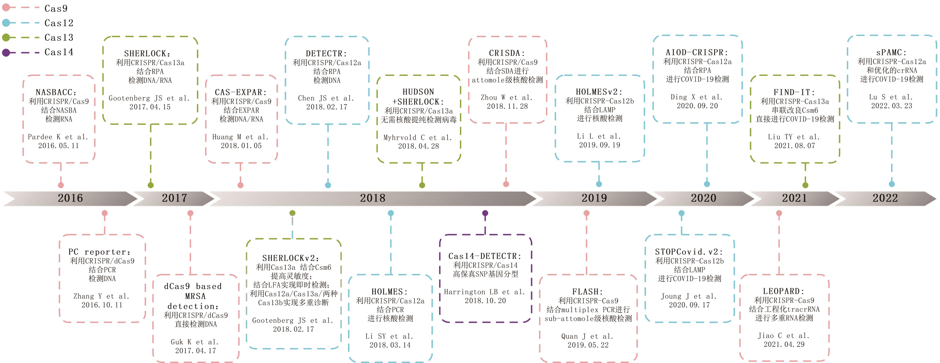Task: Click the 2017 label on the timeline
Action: tap(174, 198)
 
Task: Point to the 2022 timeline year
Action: tap(885, 198)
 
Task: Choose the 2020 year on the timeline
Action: tap(703, 198)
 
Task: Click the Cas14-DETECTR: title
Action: tap(485, 256)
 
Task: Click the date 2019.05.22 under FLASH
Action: tap(588, 345)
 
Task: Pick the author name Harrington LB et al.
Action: tap(484, 292)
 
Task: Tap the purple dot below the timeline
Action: tap(485, 213)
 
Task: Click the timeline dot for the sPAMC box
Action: tap(891, 184)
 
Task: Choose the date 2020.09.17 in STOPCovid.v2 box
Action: tap(689, 305)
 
